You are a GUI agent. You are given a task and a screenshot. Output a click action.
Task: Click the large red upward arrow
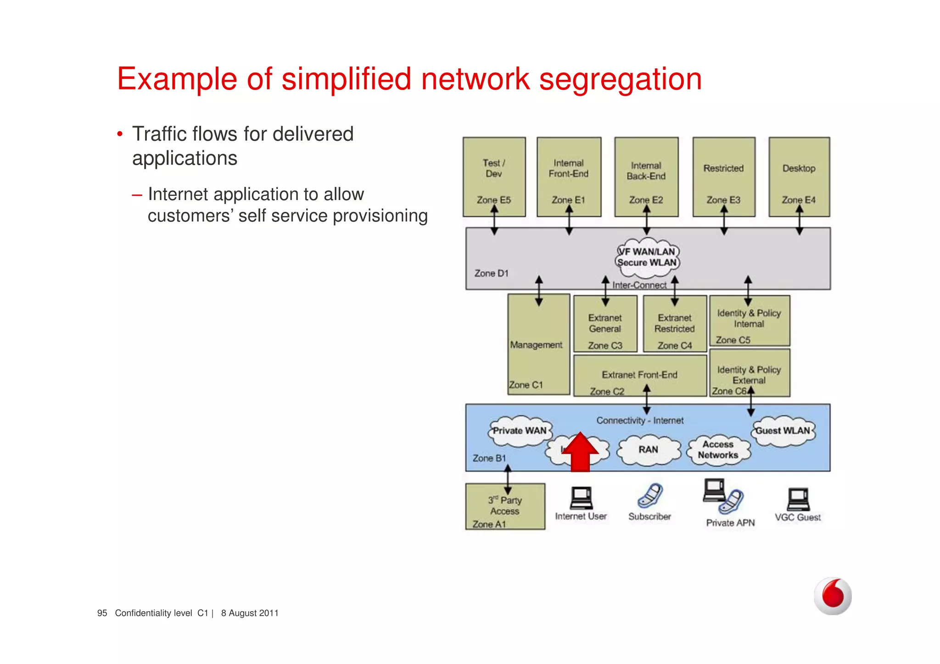click(x=580, y=453)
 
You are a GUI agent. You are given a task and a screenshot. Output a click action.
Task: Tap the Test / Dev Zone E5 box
click(x=494, y=177)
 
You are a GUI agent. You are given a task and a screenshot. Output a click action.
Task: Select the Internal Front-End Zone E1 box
click(x=569, y=177)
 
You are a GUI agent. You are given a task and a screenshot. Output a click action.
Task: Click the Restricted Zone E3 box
click(x=723, y=177)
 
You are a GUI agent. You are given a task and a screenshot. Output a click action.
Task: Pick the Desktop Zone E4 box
click(x=799, y=177)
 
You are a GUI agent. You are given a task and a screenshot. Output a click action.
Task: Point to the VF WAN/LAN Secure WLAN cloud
click(x=647, y=258)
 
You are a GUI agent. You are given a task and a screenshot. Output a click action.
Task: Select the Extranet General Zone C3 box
click(x=605, y=324)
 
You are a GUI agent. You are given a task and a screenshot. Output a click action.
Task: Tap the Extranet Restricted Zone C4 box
click(x=674, y=324)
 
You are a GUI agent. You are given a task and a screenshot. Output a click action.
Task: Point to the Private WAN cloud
click(x=519, y=431)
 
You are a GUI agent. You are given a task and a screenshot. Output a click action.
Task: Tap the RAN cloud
click(x=648, y=450)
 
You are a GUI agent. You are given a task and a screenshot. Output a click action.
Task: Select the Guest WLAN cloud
click(x=783, y=431)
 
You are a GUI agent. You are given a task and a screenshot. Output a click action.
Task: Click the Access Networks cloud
click(x=718, y=450)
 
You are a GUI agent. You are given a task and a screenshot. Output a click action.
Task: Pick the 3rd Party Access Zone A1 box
click(x=505, y=507)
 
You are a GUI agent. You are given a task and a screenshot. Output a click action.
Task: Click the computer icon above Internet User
click(x=581, y=498)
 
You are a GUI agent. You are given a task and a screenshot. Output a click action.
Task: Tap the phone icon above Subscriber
click(x=650, y=496)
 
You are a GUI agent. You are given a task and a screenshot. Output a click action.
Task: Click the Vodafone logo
click(x=833, y=596)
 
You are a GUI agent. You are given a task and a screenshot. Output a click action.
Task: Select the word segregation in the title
click(x=620, y=79)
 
